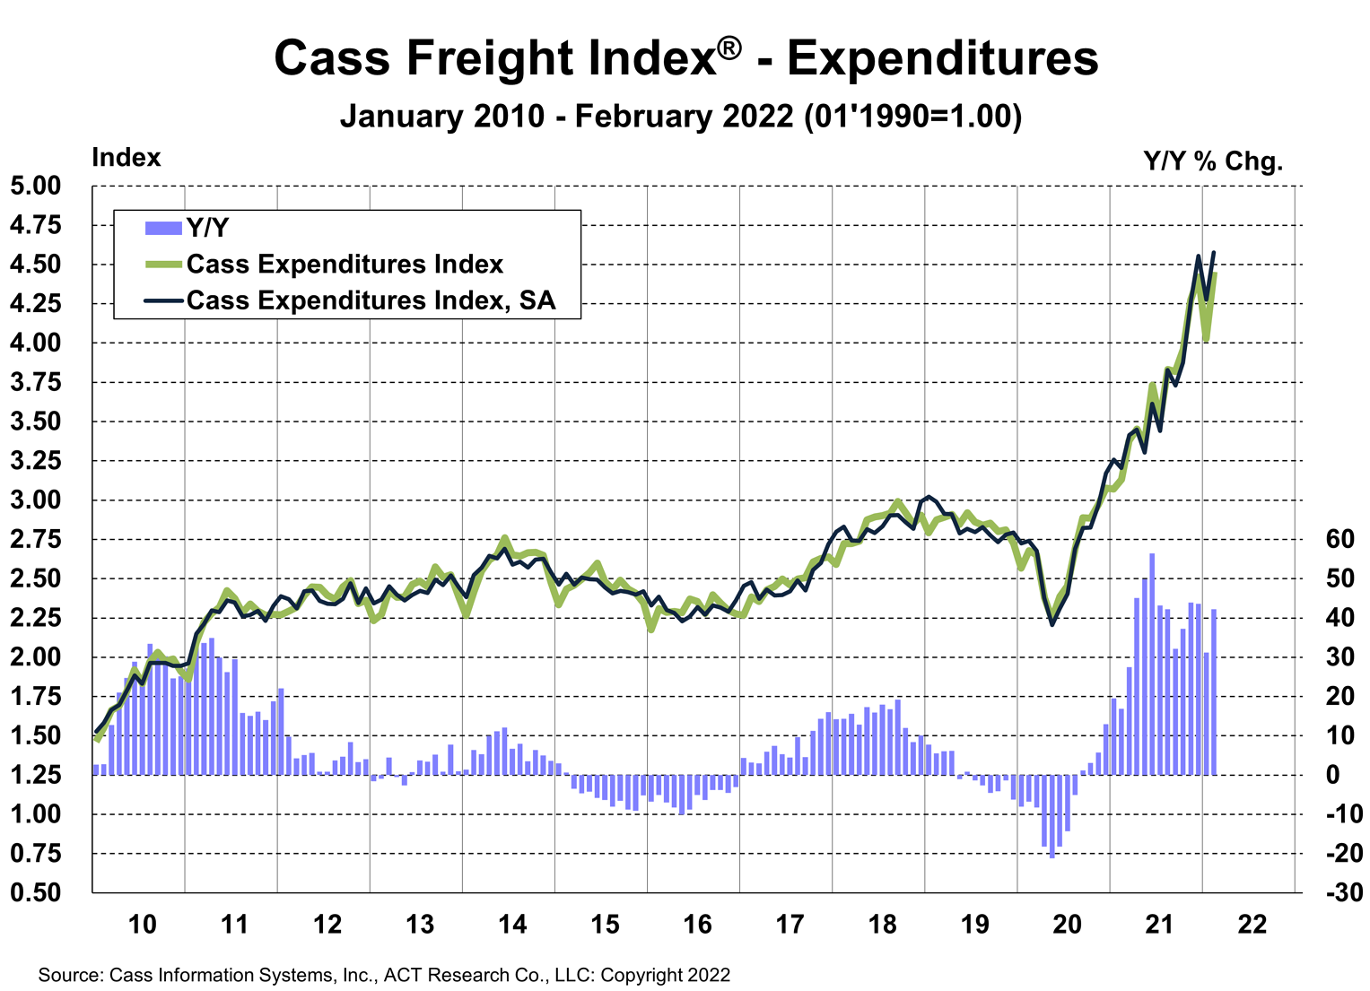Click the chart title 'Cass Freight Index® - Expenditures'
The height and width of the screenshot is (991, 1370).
[685, 57]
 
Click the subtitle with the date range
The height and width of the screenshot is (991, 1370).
[680, 117]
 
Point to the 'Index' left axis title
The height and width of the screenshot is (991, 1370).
[127, 158]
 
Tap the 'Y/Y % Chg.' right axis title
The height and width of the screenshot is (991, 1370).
[1213, 161]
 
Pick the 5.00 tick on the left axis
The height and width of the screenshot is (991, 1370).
[36, 187]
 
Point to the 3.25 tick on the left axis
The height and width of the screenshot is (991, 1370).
[36, 461]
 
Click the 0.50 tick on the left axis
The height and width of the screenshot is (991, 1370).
[36, 892]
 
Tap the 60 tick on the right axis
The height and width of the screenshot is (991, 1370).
[1339, 539]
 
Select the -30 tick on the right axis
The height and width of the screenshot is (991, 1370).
[1343, 892]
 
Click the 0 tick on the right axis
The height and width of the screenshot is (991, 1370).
[1332, 775]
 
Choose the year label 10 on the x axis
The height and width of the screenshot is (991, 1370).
[143, 924]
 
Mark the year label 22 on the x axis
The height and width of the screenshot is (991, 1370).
[1252, 924]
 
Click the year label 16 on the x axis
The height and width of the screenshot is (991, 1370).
[697, 924]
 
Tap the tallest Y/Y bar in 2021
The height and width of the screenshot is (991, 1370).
[1152, 664]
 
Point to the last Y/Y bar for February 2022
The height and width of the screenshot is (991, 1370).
[1214, 691]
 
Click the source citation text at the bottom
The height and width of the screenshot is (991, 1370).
[384, 975]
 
